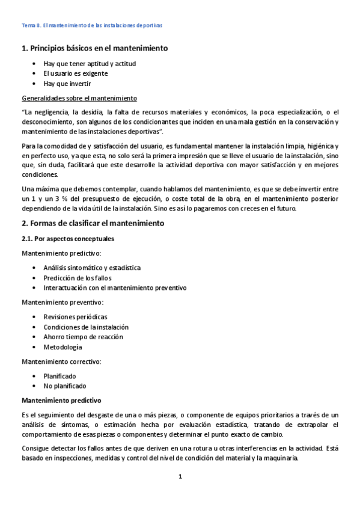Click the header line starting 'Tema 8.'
tap(92, 26)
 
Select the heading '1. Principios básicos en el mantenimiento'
tap(94, 48)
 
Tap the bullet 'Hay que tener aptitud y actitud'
tap(90, 63)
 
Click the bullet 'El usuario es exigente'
tap(76, 73)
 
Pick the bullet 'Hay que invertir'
tap(67, 84)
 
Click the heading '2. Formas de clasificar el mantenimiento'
tap(93, 223)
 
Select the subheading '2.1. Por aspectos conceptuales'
tap(68, 239)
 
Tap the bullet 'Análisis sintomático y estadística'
tap(93, 268)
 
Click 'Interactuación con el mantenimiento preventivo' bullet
tap(115, 287)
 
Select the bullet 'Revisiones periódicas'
tap(76, 316)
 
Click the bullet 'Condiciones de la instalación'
tap(86, 327)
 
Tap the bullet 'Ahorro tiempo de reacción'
tap(83, 337)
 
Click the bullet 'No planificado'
tap(64, 386)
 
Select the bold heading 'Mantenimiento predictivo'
tap(62, 400)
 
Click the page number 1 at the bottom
tap(180, 477)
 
